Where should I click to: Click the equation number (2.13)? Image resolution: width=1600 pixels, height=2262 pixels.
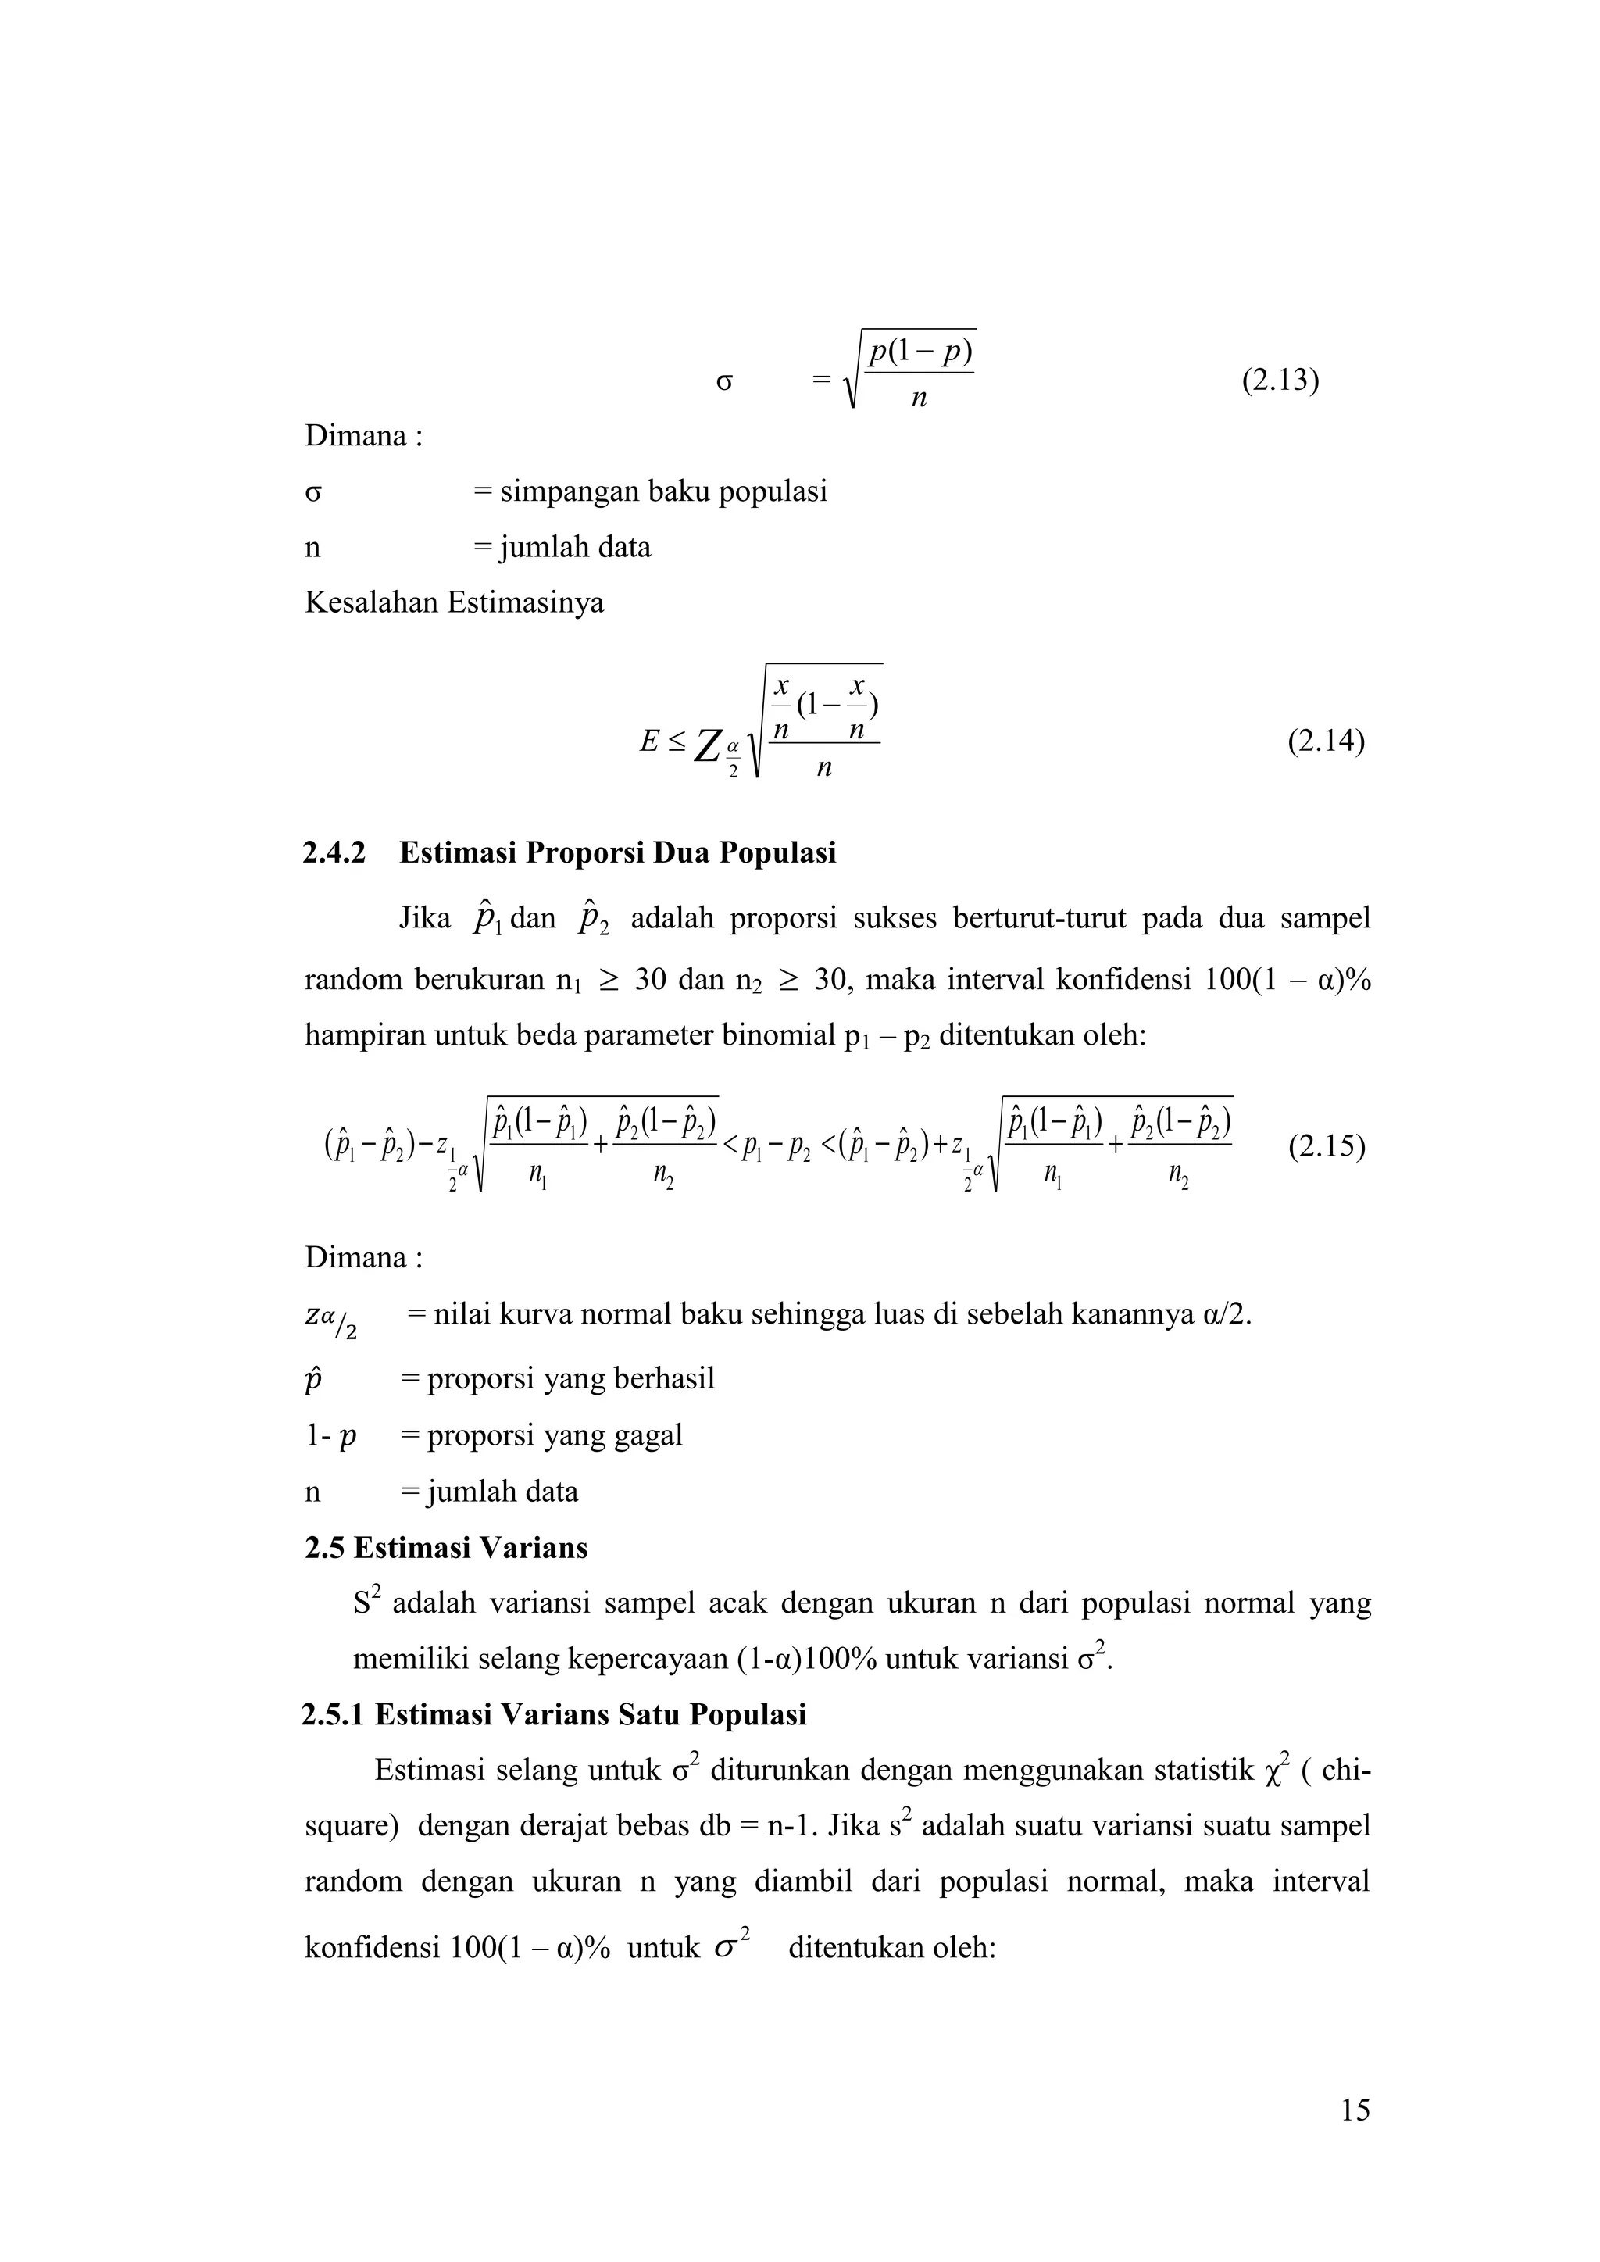(1280, 381)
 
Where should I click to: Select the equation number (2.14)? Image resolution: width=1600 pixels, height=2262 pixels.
(1326, 741)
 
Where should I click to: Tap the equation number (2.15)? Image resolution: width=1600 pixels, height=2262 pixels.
(1326, 1148)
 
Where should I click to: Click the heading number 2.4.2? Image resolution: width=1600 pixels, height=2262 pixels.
(334, 852)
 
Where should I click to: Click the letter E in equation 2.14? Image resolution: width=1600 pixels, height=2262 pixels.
(648, 741)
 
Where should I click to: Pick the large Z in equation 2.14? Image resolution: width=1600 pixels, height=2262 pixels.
(705, 748)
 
